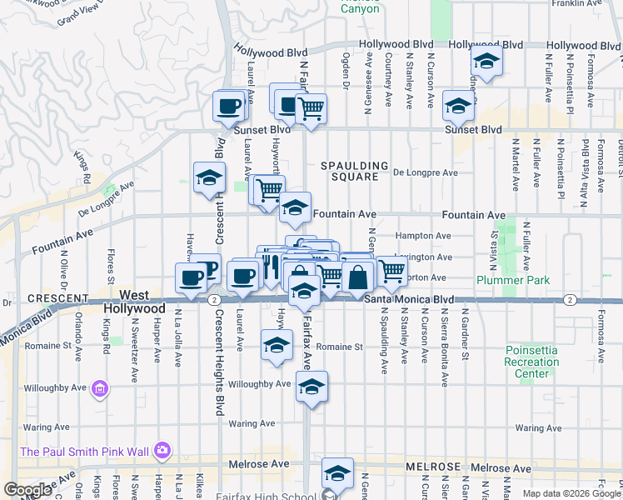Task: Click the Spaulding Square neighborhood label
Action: click(356, 171)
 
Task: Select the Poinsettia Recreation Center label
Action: click(531, 362)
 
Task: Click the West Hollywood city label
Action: click(134, 302)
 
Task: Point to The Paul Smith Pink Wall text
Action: click(84, 452)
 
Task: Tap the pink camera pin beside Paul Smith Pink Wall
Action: click(162, 451)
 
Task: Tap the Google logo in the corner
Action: click(27, 490)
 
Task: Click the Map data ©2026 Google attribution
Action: click(571, 493)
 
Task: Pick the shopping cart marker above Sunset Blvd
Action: click(311, 107)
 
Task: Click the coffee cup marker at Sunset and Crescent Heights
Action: click(229, 106)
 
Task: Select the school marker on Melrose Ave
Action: click(336, 472)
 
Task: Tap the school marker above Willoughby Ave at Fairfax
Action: click(311, 387)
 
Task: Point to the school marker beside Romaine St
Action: click(277, 345)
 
